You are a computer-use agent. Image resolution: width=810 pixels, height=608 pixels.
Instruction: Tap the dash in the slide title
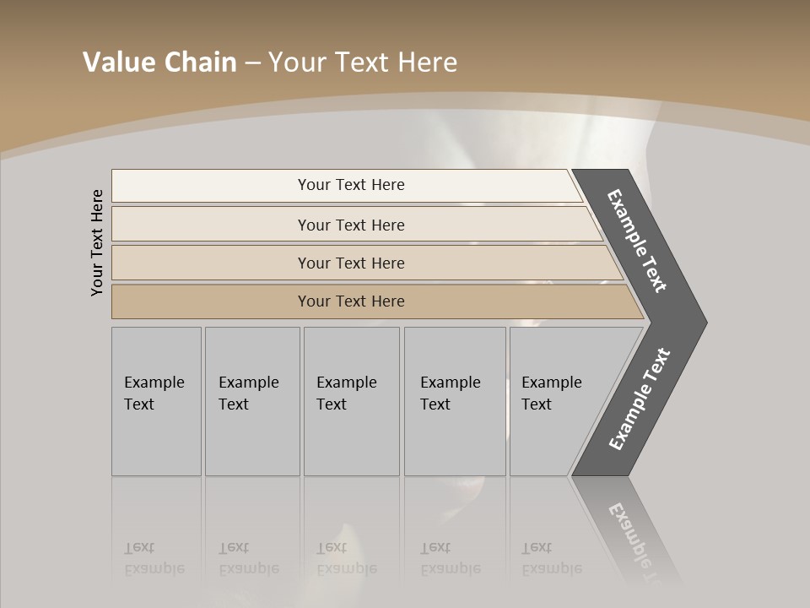pos(252,63)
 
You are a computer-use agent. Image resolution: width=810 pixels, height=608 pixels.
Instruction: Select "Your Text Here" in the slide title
pos(363,62)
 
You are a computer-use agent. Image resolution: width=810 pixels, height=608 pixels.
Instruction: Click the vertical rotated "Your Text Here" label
pos(97,242)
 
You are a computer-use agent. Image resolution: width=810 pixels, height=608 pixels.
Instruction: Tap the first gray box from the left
pos(156,401)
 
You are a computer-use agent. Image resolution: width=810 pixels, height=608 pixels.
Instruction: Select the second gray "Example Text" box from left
pos(251,401)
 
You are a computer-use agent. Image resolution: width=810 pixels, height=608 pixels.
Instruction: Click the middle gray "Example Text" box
pos(351,401)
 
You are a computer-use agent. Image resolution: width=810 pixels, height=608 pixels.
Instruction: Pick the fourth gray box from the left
pos(454,401)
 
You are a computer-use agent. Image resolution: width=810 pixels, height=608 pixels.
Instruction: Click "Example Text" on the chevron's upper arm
pos(637,241)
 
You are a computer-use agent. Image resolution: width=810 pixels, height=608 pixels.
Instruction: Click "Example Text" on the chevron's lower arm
pos(639,399)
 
